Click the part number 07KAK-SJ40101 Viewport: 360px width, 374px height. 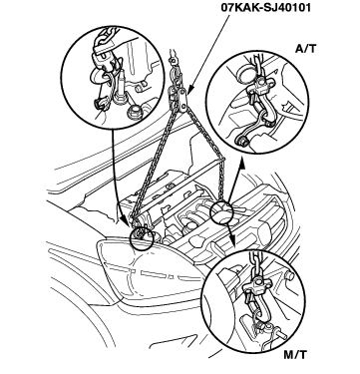tap(266, 7)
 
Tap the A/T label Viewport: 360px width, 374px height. tap(306, 49)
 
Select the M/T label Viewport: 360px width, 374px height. tap(295, 355)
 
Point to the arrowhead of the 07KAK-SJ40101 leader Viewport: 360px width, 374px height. tap(188, 92)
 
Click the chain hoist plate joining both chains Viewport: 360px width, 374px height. tap(180, 99)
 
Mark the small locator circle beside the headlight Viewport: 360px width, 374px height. tap(142, 238)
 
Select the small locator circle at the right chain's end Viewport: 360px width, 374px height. tap(221, 211)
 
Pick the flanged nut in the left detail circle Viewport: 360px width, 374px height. tap(134, 111)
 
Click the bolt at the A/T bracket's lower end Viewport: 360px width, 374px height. tap(240, 141)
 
